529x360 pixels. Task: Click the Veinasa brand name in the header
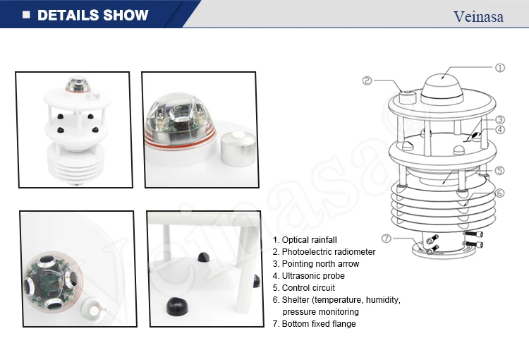coord(478,16)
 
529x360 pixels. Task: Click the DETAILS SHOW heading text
coord(93,16)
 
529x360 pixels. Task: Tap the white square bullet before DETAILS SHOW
coord(26,15)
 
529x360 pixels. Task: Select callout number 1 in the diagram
coord(500,68)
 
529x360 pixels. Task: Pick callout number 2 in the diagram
coord(367,80)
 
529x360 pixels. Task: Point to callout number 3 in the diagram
coord(500,119)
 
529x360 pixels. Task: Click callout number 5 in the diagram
coord(499,171)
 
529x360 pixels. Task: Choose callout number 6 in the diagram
coord(499,193)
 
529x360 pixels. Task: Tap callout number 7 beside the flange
coord(387,239)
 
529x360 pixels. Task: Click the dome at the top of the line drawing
coord(442,87)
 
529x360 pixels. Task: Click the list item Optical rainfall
coord(305,240)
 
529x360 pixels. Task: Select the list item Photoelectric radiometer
coord(324,252)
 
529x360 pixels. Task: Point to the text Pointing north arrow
coord(316,264)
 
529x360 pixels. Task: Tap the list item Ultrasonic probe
coord(309,276)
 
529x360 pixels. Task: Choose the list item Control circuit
coord(303,288)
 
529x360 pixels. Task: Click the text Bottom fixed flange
coord(314,324)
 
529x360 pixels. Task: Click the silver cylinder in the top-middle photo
coord(238,149)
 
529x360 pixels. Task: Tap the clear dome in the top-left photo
coord(78,85)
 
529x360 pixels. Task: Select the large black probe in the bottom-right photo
coord(178,306)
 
